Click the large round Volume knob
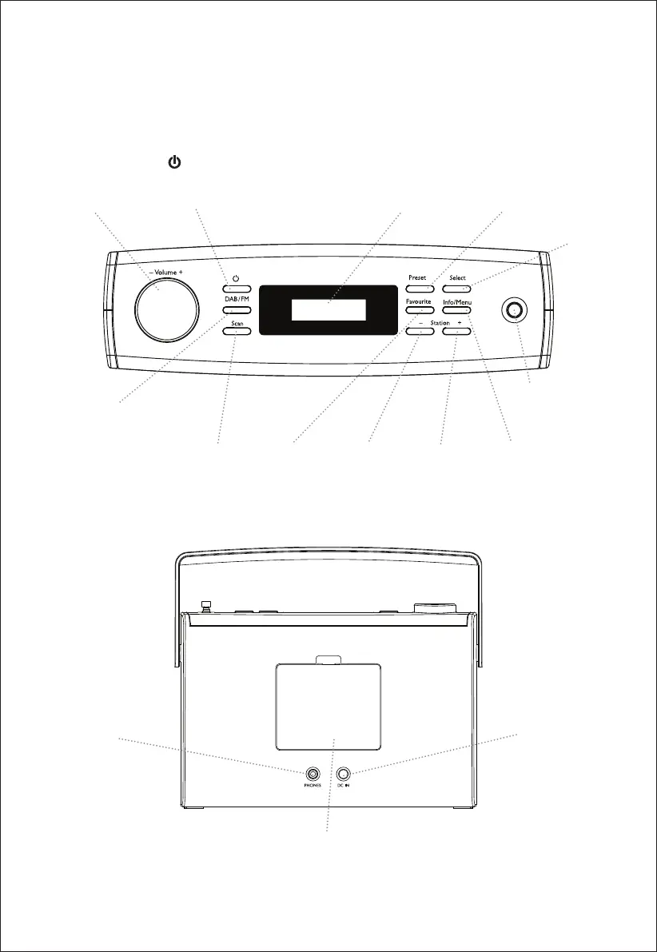pos(158,309)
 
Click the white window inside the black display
pos(328,310)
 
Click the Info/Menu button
pos(457,309)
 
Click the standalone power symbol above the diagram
pos(173,163)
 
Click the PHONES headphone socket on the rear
pos(313,774)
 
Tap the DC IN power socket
pos(344,774)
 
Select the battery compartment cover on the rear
pos(328,707)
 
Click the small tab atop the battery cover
pos(328,660)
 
